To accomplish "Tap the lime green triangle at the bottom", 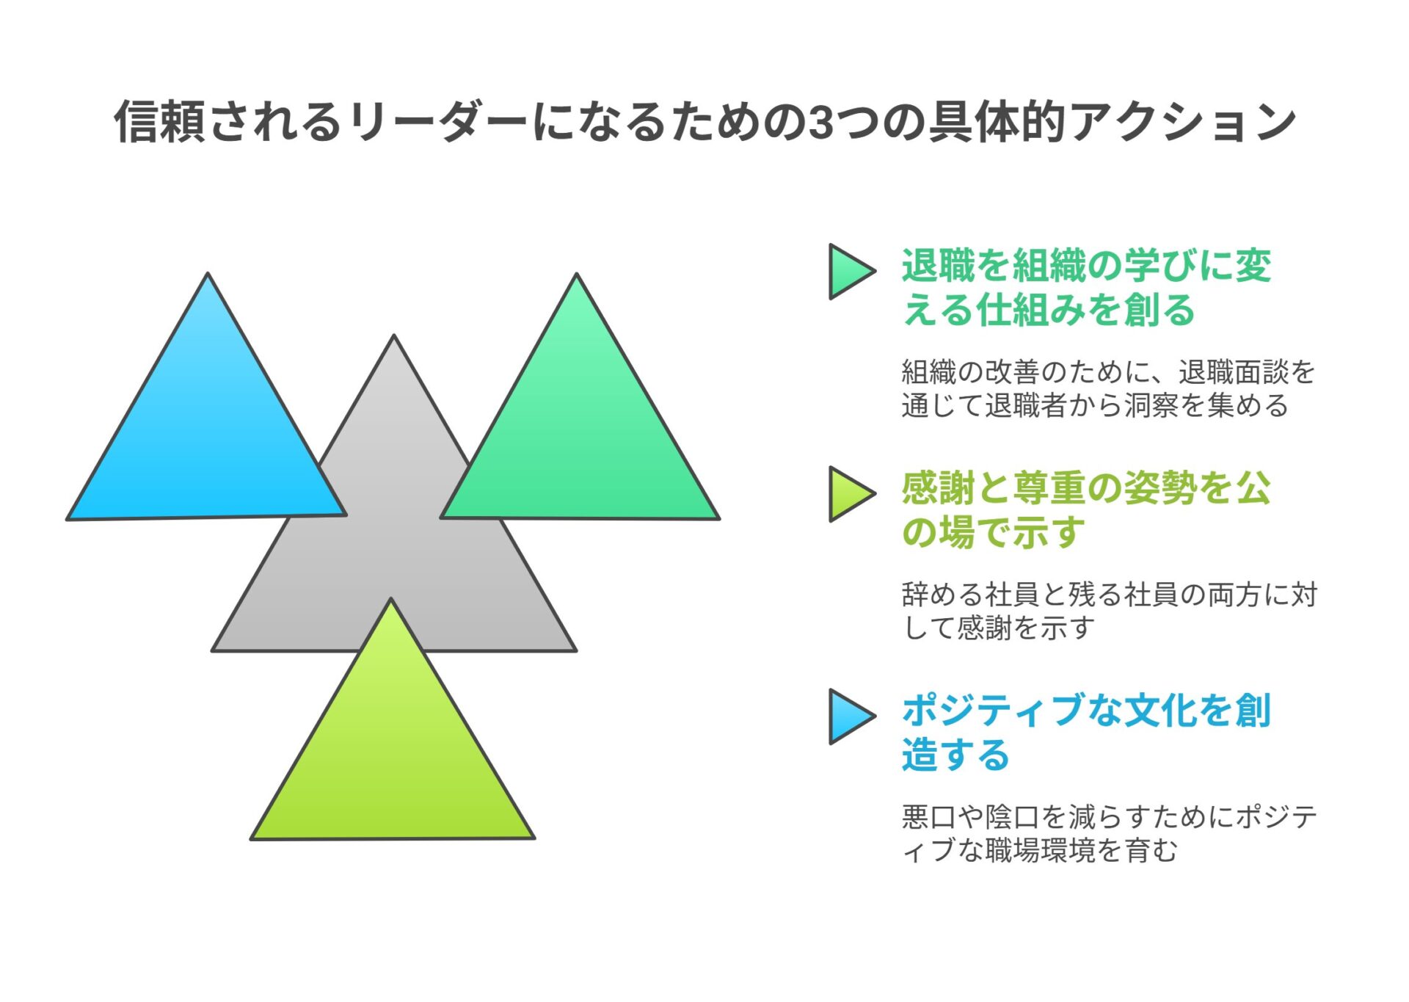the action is (x=393, y=756).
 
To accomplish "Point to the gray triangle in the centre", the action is (x=394, y=558).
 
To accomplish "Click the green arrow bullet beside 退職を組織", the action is (x=851, y=272).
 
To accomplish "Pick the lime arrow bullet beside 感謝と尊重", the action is (x=851, y=494).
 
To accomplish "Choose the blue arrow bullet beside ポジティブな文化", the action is (x=851, y=716).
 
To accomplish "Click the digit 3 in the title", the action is (x=821, y=122).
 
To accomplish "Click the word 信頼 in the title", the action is (x=159, y=122).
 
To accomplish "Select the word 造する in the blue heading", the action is (x=956, y=755).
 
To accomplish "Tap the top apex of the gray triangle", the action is (x=394, y=335).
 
